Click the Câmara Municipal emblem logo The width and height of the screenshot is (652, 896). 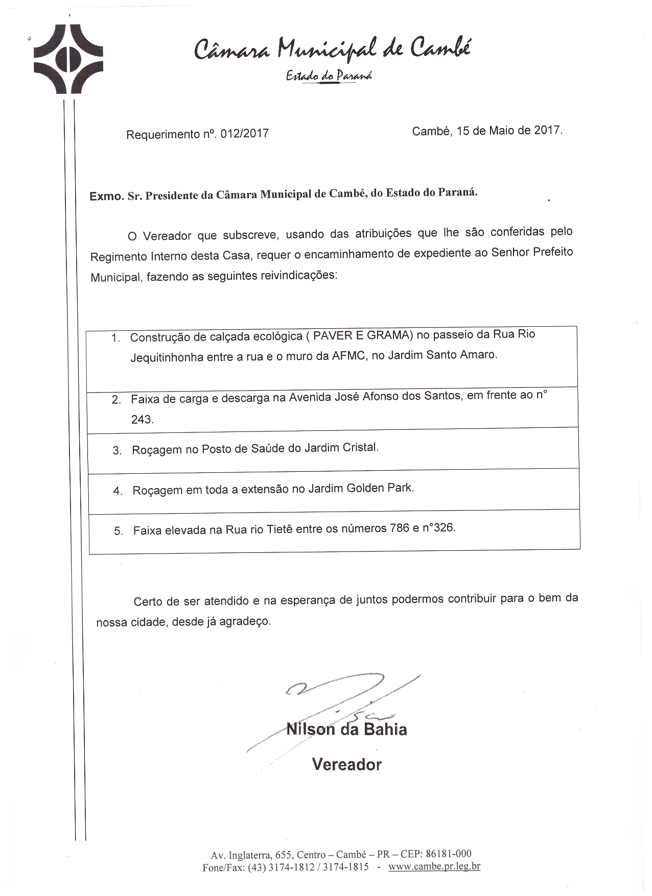click(x=68, y=60)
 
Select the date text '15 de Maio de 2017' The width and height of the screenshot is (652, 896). click(x=508, y=130)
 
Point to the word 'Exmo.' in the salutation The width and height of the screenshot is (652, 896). click(x=106, y=196)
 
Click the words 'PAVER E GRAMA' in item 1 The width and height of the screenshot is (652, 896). click(x=363, y=335)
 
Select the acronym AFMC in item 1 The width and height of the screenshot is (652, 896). click(x=349, y=355)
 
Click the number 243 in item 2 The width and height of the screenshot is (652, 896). click(x=141, y=419)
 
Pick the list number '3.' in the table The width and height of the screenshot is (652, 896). click(x=117, y=451)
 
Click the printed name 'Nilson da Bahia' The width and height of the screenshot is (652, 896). click(x=346, y=729)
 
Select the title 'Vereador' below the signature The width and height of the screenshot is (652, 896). click(x=346, y=764)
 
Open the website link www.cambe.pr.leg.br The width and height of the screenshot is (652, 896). click(x=434, y=866)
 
